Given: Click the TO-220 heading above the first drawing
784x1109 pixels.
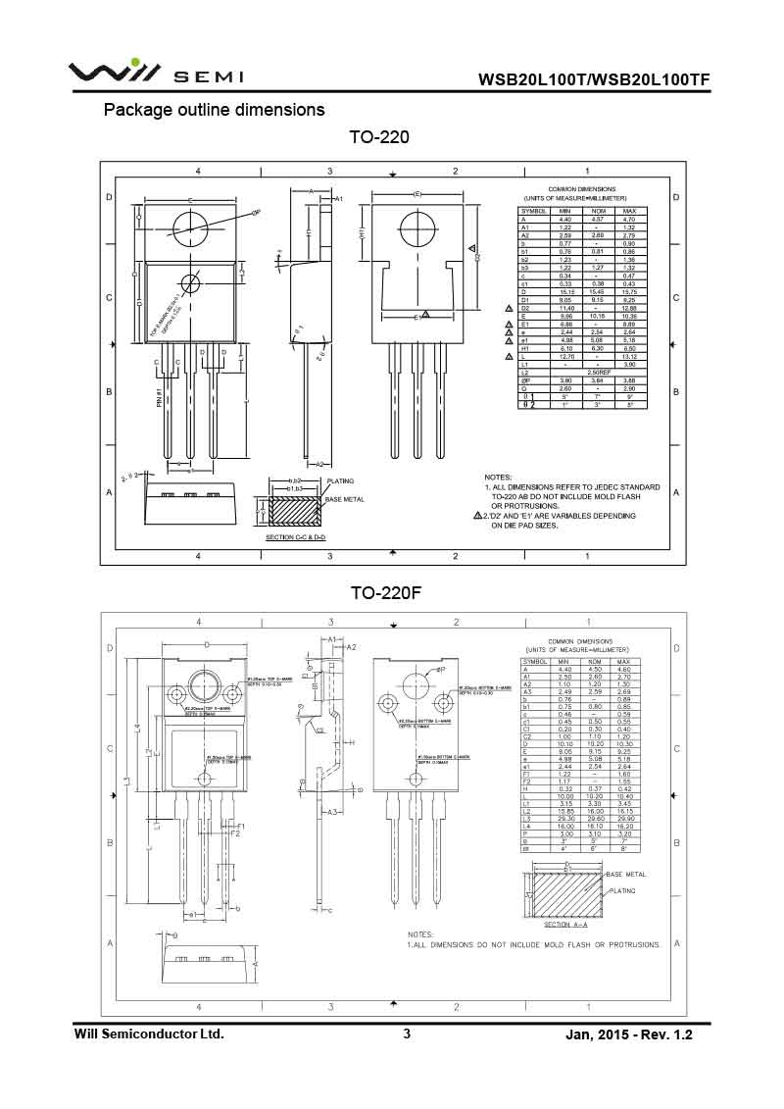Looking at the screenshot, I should (378, 137).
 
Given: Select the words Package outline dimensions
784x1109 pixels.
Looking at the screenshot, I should (215, 109).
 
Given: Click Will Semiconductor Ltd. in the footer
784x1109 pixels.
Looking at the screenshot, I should (150, 1033).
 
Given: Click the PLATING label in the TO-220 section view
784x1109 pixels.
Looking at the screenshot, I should (340, 481).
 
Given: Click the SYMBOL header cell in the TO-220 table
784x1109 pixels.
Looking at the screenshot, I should (534, 211).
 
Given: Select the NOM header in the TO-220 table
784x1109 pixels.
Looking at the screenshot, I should (597, 211).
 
